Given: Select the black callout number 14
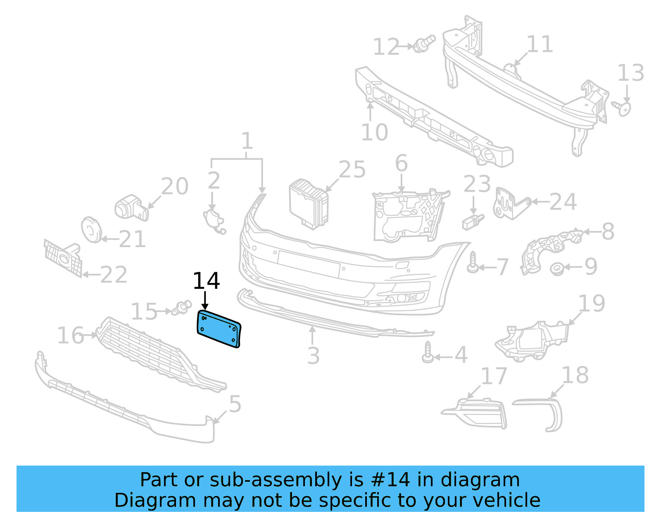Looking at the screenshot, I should pos(206,281).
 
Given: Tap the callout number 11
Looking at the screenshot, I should pos(540,44).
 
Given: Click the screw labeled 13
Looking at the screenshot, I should pos(623,108).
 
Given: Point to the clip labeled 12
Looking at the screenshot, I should pos(425,44).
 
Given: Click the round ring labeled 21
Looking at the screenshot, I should pos(91,230).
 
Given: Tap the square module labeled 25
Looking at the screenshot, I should pos(309,204).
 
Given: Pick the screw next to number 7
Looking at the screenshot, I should pos(473,263).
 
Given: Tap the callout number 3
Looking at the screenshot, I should pos(313,355).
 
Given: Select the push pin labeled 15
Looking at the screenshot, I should pos(182,308).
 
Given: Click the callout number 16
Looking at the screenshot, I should pos(71,335).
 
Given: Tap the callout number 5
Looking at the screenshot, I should pos(235,404).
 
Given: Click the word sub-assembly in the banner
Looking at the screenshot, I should pos(275,480).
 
